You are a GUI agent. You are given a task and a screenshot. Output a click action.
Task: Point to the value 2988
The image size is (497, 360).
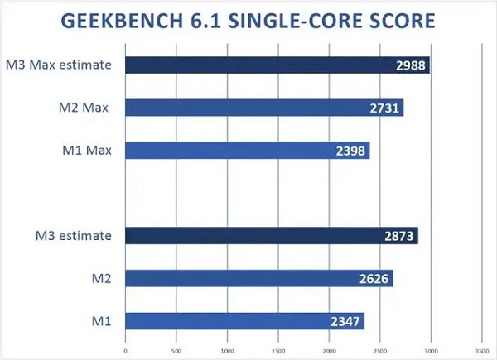[412, 65]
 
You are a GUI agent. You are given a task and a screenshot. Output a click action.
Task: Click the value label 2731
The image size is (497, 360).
[385, 108]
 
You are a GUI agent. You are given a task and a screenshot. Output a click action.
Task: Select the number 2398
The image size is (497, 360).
[351, 150]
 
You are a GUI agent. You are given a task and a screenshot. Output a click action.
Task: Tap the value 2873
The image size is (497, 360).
[400, 236]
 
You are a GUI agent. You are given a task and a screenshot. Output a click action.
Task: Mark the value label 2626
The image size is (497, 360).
[374, 278]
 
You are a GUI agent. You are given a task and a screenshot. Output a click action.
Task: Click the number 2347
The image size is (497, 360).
[346, 320]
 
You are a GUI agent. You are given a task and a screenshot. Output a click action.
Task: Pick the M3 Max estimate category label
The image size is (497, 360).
[58, 65]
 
